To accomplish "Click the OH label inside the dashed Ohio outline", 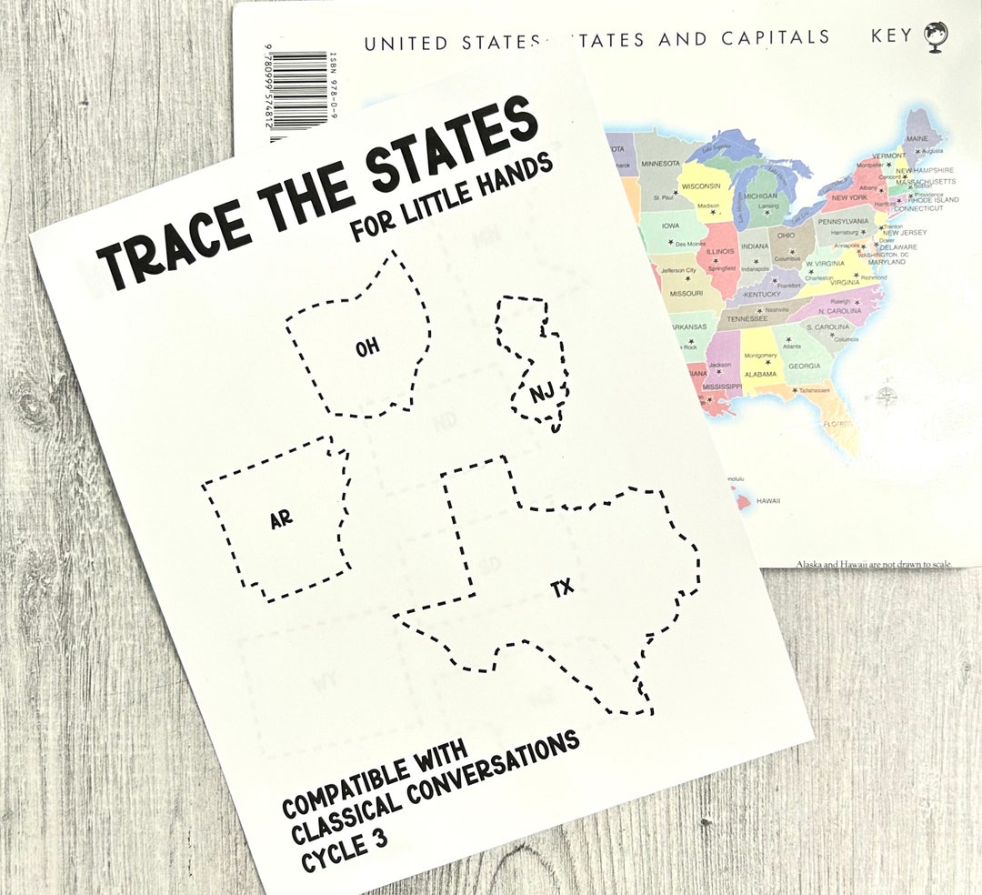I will [367, 347].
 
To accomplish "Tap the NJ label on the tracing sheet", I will [542, 393].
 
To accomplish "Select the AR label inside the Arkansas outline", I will [282, 520].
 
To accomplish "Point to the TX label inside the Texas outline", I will [563, 588].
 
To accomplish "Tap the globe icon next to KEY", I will [936, 36].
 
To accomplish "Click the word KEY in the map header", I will [891, 37].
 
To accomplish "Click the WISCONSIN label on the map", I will [701, 186].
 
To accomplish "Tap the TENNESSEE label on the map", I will [747, 318].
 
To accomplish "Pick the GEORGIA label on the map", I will [804, 366].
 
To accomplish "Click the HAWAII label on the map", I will [768, 500].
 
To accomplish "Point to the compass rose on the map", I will [885, 396].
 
